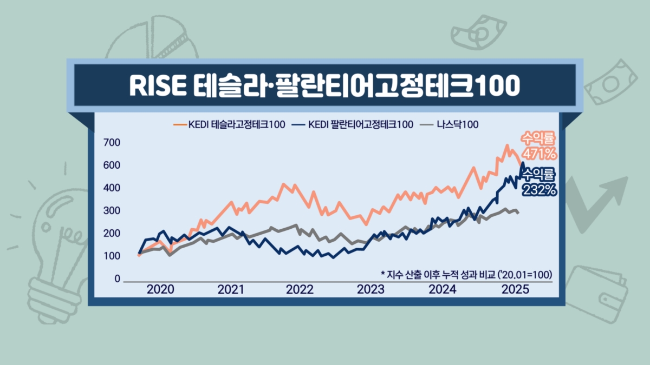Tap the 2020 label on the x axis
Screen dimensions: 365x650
pyautogui.click(x=161, y=289)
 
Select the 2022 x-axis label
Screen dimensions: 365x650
pyautogui.click(x=300, y=289)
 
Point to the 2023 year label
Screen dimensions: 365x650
pyautogui.click(x=370, y=289)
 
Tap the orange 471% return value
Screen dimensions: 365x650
pyautogui.click(x=539, y=154)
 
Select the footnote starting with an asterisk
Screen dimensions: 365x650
pyautogui.click(x=466, y=274)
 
